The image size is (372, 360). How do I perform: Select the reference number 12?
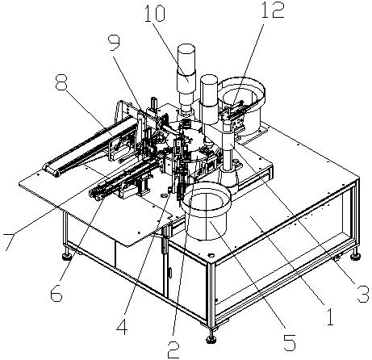pos(273,10)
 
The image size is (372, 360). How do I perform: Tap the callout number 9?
pos(114,43)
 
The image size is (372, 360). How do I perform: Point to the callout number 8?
pos(61,83)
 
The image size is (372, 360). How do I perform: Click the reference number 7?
pos(8,242)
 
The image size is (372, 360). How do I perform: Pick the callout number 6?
pos(56,292)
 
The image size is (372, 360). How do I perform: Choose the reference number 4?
pos(123,326)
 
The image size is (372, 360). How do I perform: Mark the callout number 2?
pos(173,350)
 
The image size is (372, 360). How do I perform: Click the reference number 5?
pos(290,342)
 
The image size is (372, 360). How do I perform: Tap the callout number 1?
pos(330,316)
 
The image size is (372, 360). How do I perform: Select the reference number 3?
pos(362,294)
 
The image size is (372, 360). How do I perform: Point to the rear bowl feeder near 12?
pos(242,105)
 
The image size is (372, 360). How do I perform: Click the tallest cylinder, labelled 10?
pos(186,80)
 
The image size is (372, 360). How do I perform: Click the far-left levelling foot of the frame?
pos(67,256)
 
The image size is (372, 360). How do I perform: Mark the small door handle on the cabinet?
pos(169,272)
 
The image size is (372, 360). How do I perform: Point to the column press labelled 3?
pos(228,156)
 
